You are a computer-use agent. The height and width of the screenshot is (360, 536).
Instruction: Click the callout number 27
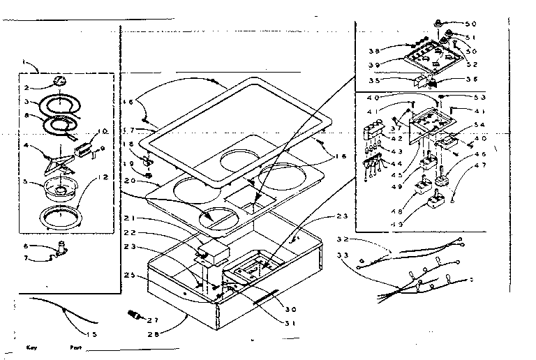point(154,320)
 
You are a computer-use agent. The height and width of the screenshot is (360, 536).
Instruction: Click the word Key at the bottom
point(31,347)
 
